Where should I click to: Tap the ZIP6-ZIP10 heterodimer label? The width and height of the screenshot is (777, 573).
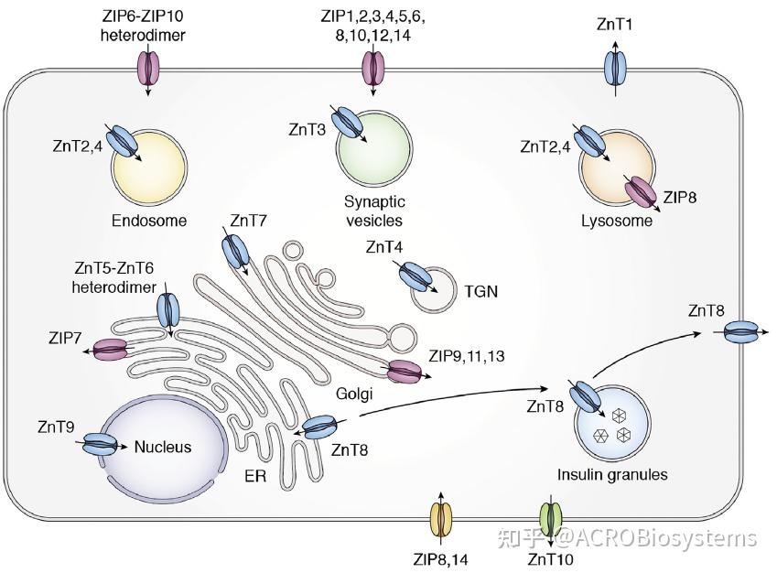pyautogui.click(x=148, y=27)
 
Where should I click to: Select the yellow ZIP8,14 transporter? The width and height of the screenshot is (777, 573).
pyautogui.click(x=441, y=518)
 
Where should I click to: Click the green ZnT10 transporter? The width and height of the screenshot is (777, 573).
pyautogui.click(x=550, y=518)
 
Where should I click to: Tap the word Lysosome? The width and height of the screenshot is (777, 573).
pyautogui.click(x=616, y=221)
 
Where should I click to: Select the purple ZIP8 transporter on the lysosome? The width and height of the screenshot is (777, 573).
pyautogui.click(x=640, y=194)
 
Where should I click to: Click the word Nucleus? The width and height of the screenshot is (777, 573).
pyautogui.click(x=163, y=447)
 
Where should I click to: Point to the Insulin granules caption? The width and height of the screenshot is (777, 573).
pyautogui.click(x=612, y=474)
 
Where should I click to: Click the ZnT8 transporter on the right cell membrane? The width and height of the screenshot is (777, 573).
pyautogui.click(x=743, y=333)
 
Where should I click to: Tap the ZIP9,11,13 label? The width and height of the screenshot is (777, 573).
pyautogui.click(x=465, y=353)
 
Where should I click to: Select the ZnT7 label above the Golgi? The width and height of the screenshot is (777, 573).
pyautogui.click(x=249, y=221)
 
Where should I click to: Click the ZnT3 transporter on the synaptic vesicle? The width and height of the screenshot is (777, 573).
pyautogui.click(x=347, y=122)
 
